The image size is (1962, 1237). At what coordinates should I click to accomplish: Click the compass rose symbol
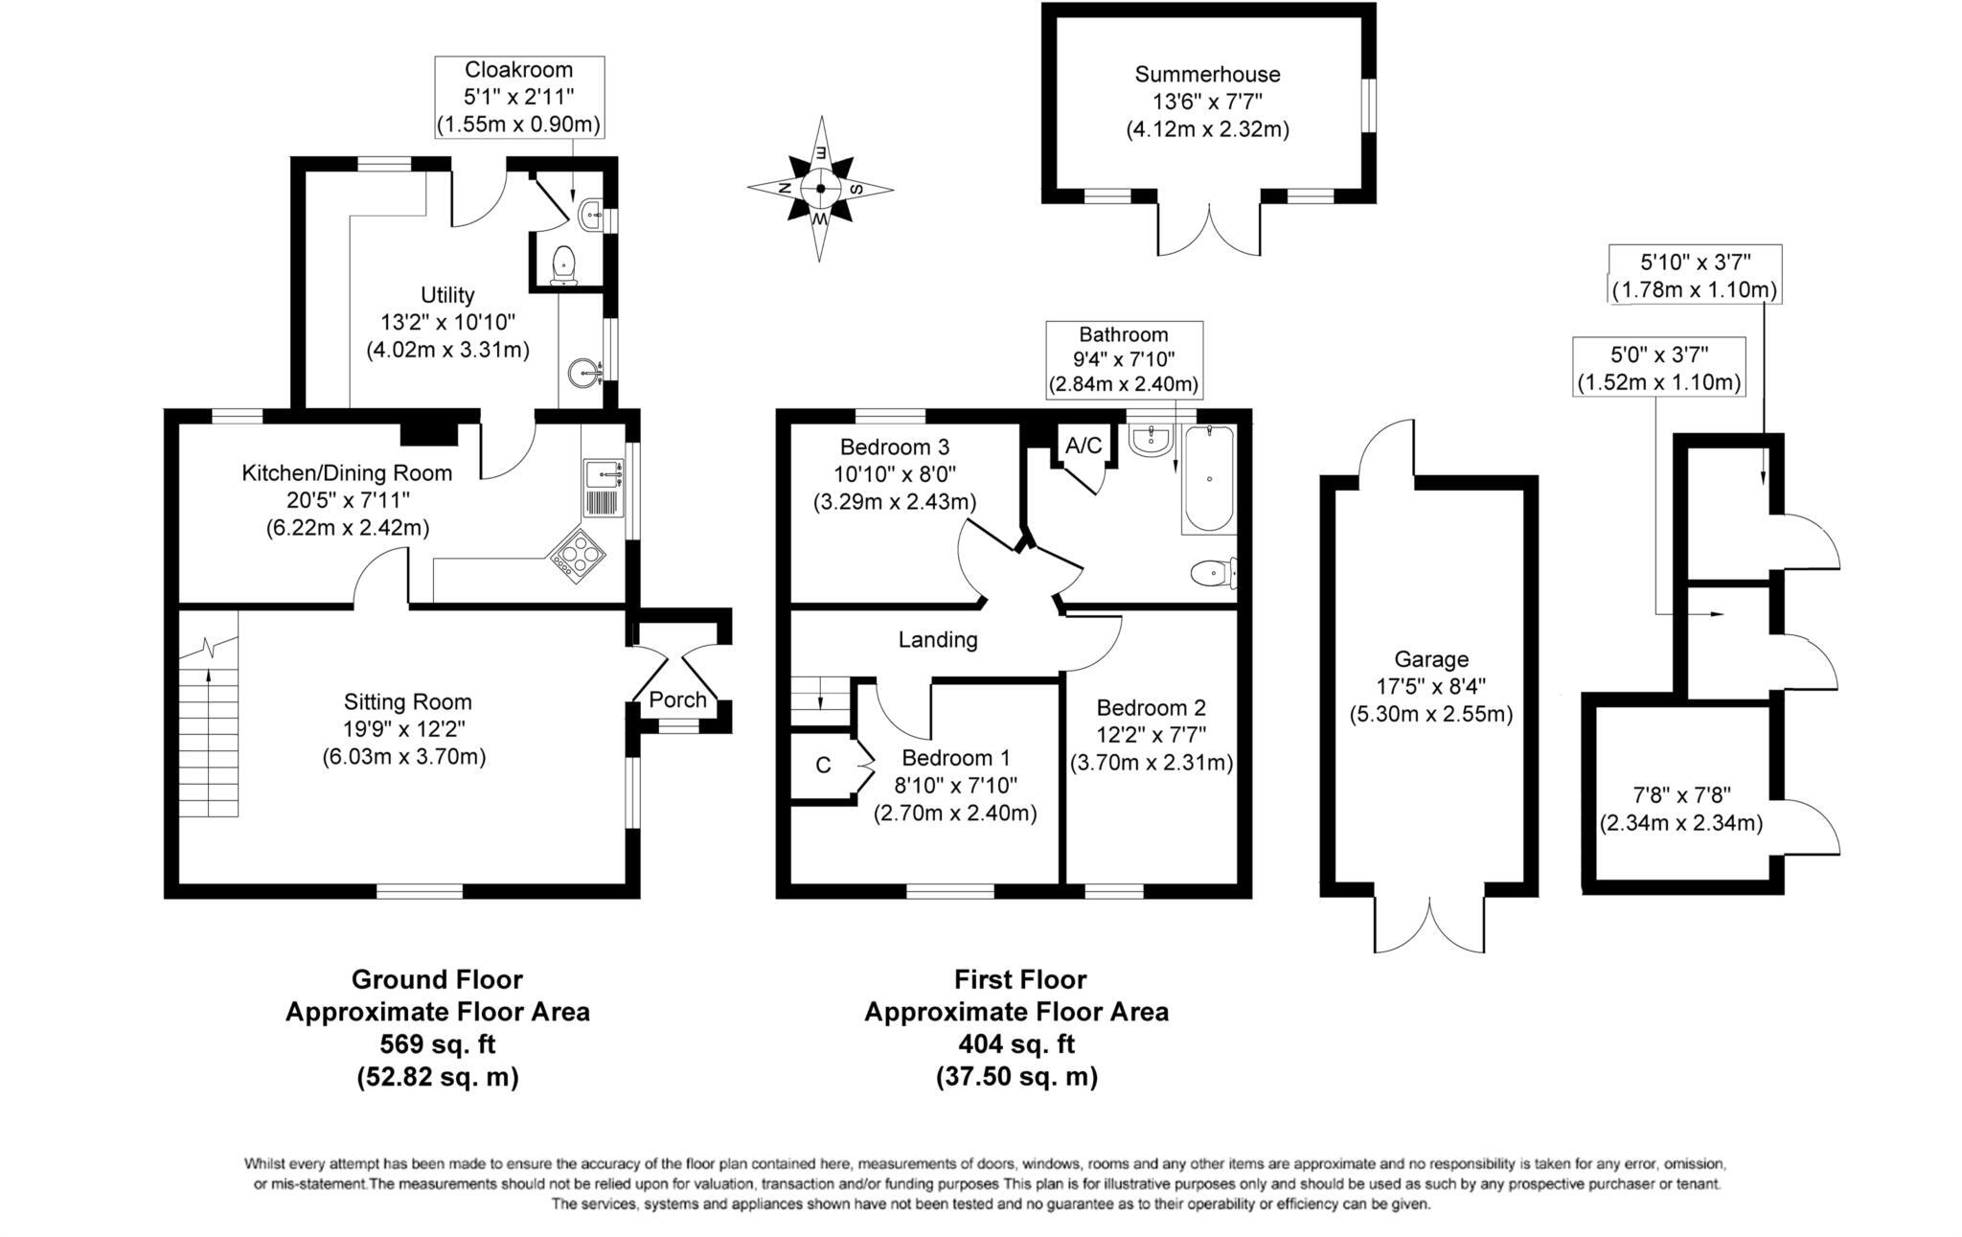[820, 189]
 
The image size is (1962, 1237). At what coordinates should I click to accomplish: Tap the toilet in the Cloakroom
[563, 264]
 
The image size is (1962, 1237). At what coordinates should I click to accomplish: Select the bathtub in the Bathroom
[1209, 479]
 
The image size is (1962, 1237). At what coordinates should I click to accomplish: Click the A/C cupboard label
[1084, 446]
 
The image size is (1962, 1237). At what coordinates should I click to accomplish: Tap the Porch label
[677, 699]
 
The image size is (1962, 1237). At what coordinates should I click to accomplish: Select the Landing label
[937, 640]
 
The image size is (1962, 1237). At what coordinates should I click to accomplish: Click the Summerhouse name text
[1207, 74]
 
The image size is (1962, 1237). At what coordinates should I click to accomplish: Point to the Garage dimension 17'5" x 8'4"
[1430, 686]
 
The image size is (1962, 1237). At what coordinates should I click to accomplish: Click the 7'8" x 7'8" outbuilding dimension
[1681, 794]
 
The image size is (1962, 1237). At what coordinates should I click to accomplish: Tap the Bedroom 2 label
[1151, 708]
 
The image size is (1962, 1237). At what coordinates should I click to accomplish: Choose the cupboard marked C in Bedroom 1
[822, 765]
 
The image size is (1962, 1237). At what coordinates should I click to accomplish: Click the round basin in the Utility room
[582, 371]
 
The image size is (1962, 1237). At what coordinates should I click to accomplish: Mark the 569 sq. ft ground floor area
[437, 1043]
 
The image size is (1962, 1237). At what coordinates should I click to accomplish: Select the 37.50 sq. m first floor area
[1015, 1076]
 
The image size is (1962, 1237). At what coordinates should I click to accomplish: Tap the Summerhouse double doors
[1209, 230]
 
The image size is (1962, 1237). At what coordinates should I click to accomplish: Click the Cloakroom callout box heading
[518, 70]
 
